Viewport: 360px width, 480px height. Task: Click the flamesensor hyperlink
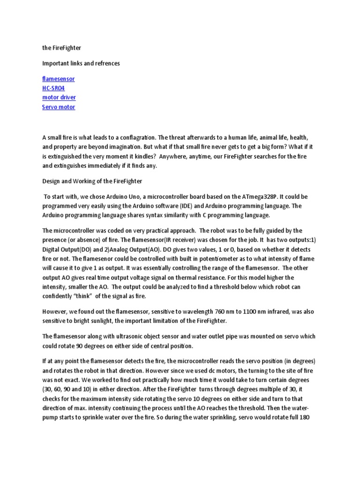[58, 79]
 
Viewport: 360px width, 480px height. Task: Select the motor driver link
[59, 97]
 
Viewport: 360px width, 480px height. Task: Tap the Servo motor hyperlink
[59, 107]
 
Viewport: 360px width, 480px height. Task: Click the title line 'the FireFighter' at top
[62, 48]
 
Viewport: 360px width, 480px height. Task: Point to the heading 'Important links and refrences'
[81, 63]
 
